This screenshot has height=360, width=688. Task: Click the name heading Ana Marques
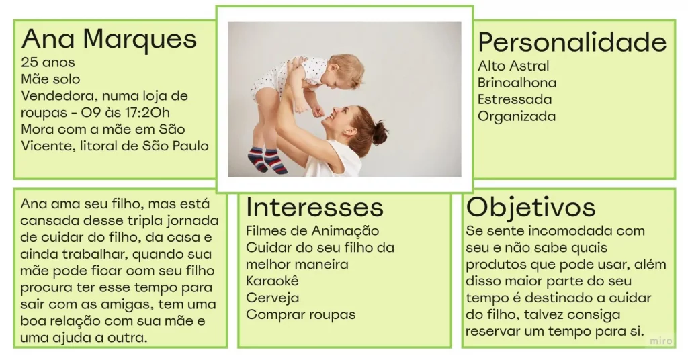click(109, 39)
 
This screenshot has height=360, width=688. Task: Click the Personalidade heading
click(572, 42)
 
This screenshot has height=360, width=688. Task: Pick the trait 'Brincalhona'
click(517, 83)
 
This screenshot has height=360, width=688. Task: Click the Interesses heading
click(314, 207)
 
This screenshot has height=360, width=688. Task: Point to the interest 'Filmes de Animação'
click(312, 231)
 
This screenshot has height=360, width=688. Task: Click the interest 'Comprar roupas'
click(300, 314)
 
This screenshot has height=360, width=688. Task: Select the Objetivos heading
click(531, 207)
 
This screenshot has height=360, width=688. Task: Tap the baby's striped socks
click(267, 160)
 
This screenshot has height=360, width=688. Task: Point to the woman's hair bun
click(380, 133)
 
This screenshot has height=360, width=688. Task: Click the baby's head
click(346, 71)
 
